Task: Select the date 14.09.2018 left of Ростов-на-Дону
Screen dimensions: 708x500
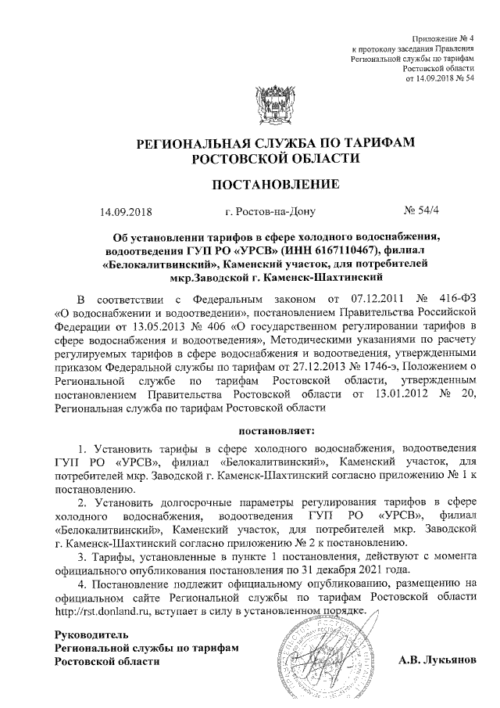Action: coord(126,211)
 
